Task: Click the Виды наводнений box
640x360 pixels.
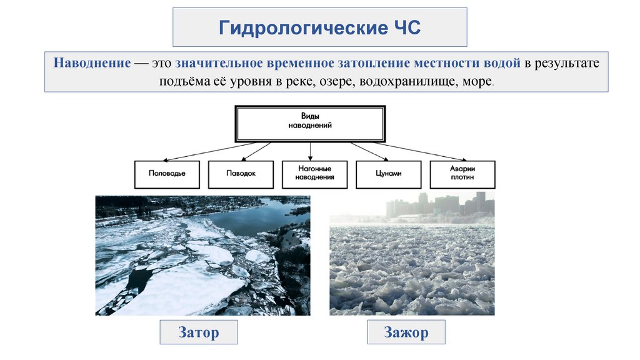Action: click(x=310, y=122)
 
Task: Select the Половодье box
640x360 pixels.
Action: click(x=167, y=174)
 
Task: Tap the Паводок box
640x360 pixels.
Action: click(x=241, y=174)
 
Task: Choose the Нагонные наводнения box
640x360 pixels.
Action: click(x=315, y=174)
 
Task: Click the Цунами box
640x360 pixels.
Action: click(x=389, y=174)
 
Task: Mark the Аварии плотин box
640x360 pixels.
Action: click(x=462, y=174)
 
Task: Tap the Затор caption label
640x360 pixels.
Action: click(x=199, y=332)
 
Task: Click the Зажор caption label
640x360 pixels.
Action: click(x=406, y=332)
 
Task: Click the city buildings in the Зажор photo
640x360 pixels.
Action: click(x=437, y=205)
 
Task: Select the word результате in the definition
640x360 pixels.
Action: click(x=566, y=64)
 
